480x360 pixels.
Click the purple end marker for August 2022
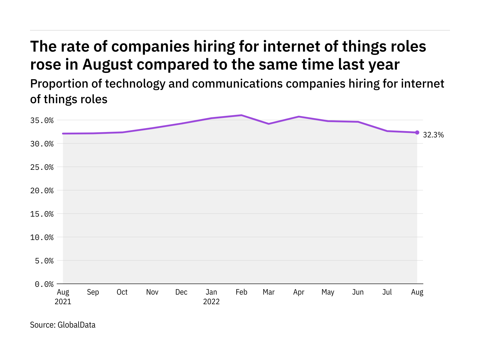pyautogui.click(x=417, y=133)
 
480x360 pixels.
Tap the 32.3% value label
pyautogui.click(x=433, y=135)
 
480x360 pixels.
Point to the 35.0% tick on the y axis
pyautogui.click(x=42, y=120)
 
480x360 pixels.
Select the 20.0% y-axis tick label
pyautogui.click(x=42, y=190)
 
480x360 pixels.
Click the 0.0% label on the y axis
pyautogui.click(x=44, y=284)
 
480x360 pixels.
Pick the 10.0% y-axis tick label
pyautogui.click(x=42, y=237)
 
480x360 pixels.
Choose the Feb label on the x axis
pyautogui.click(x=241, y=292)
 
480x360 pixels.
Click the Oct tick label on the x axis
pyautogui.click(x=122, y=292)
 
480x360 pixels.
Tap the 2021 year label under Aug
pyautogui.click(x=63, y=301)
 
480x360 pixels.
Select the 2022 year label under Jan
pyautogui.click(x=211, y=301)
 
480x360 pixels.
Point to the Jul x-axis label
pyautogui.click(x=387, y=292)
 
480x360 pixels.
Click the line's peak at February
pyautogui.click(x=241, y=115)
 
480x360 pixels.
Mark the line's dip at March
pyautogui.click(x=268, y=124)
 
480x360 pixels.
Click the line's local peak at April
pyautogui.click(x=299, y=117)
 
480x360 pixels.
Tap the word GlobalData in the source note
pyautogui.click(x=76, y=325)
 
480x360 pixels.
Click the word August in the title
pyautogui.click(x=107, y=65)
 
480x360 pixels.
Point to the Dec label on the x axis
pyautogui.click(x=181, y=292)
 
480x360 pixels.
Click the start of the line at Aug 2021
pyautogui.click(x=63, y=133)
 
